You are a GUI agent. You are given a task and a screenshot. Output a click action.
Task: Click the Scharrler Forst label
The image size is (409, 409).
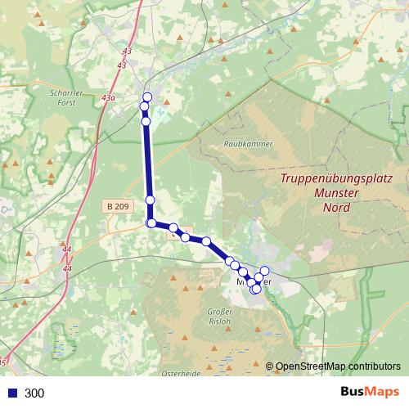[61, 97]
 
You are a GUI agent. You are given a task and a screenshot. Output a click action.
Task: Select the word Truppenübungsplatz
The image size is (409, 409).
[337, 178]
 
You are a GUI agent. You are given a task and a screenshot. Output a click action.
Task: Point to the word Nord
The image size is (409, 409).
[337, 208]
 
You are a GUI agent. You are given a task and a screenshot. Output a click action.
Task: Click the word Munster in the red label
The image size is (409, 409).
[337, 193]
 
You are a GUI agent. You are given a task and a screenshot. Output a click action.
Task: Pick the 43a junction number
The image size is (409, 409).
[108, 97]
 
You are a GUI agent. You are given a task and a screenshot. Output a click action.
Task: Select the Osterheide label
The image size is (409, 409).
[182, 372]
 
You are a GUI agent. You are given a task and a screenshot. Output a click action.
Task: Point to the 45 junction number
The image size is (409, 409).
[4, 362]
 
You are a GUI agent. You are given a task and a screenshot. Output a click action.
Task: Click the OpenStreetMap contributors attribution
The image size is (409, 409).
[338, 366]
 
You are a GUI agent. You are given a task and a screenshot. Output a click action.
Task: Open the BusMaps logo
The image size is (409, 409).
[370, 392]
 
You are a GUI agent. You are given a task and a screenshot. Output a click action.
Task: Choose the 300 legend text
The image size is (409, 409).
[35, 393]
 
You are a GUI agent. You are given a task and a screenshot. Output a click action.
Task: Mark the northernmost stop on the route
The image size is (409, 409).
[147, 97]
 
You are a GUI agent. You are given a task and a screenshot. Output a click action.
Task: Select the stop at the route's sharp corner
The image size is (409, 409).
[151, 223]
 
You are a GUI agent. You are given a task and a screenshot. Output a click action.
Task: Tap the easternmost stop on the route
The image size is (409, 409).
[264, 271]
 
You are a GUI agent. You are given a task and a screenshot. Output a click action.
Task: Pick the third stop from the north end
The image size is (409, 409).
[146, 122]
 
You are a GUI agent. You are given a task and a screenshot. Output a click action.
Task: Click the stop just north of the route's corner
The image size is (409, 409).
[151, 200]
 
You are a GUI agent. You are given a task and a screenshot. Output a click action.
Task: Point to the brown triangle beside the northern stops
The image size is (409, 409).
[167, 102]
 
